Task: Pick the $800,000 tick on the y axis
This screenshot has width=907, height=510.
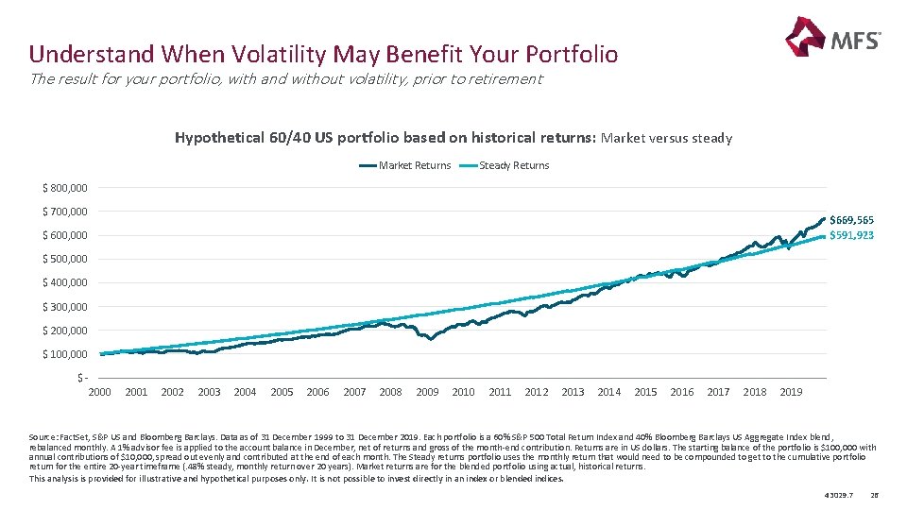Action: click(65, 187)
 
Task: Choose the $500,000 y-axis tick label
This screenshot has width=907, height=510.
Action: click(65, 259)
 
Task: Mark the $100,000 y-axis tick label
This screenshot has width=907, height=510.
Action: click(65, 354)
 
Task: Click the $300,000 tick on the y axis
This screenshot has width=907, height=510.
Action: click(65, 306)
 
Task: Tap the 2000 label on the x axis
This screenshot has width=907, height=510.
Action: click(99, 392)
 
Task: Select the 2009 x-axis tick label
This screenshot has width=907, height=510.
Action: click(427, 392)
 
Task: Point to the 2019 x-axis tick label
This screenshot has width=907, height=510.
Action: click(791, 392)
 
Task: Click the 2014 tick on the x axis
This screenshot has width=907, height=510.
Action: click(609, 392)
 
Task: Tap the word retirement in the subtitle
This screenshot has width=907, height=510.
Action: click(509, 79)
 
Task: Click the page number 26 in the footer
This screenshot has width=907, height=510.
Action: click(874, 494)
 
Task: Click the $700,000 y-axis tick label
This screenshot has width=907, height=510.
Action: click(65, 211)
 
